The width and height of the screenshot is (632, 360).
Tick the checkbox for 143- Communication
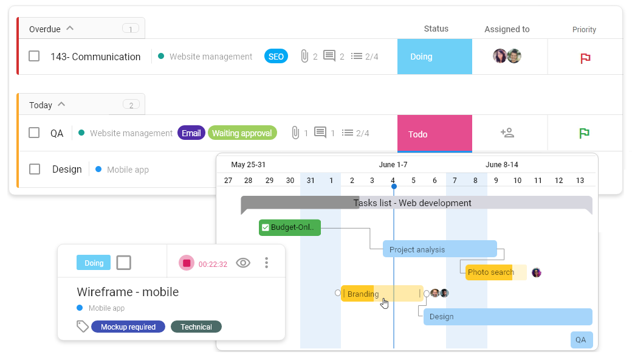click(x=34, y=56)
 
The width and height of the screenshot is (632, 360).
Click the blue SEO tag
click(x=276, y=57)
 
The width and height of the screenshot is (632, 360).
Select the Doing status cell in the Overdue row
click(x=434, y=57)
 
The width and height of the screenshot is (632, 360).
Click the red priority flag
click(x=585, y=58)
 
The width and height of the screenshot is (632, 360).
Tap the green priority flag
click(x=584, y=133)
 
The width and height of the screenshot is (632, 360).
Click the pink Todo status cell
click(x=434, y=133)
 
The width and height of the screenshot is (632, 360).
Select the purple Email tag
click(x=191, y=133)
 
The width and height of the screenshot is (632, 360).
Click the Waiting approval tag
click(x=242, y=133)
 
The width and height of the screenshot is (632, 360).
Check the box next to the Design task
click(x=35, y=169)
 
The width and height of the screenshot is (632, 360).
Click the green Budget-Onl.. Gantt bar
click(x=290, y=227)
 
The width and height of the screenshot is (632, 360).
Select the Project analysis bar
click(x=440, y=249)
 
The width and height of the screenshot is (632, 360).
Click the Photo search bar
click(x=496, y=272)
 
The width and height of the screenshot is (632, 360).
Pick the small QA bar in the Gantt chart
click(x=581, y=340)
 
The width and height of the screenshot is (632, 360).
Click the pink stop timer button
click(x=187, y=263)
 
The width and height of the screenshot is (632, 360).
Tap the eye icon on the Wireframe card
click(x=243, y=263)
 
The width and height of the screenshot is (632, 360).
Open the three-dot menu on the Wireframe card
click(x=266, y=263)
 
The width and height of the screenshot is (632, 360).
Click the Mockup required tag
click(x=128, y=327)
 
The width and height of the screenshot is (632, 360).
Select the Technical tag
click(x=196, y=327)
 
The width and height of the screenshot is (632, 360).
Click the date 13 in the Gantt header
click(x=580, y=180)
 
